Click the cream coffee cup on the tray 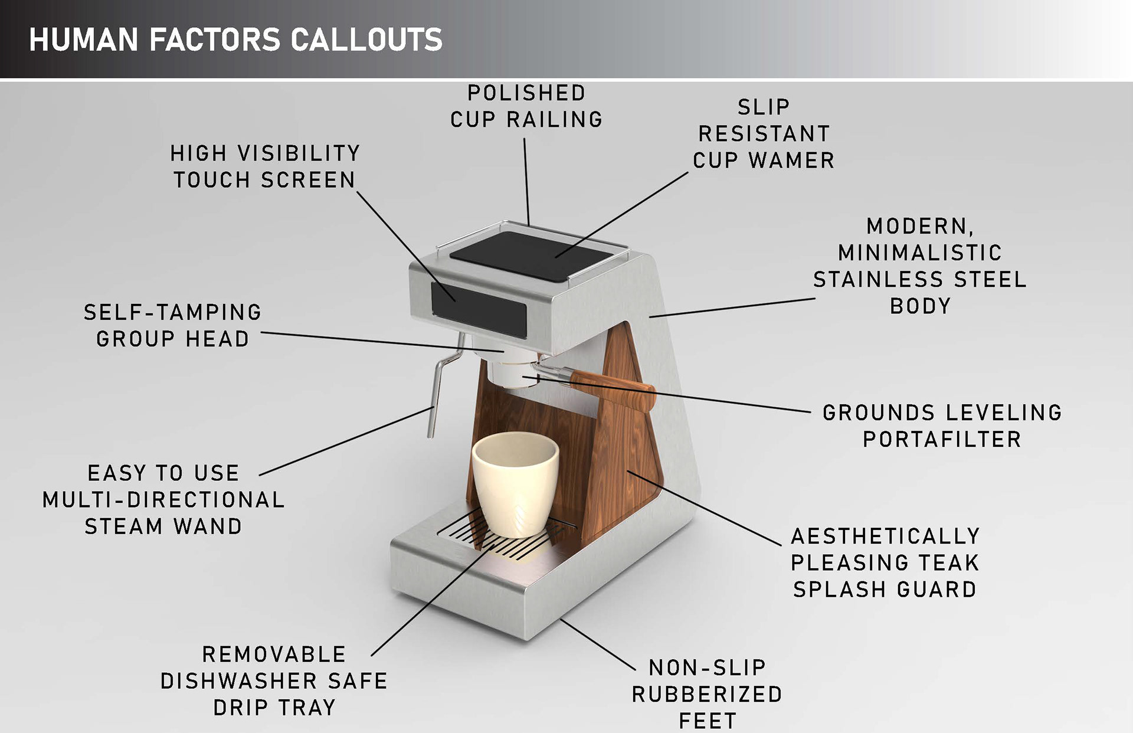(x=515, y=484)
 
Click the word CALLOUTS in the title (x=366, y=40)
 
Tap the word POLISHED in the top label (x=526, y=93)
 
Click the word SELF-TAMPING (x=172, y=312)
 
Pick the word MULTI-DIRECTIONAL (x=163, y=500)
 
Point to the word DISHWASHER (x=238, y=681)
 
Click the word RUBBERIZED (x=707, y=695)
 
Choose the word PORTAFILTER (x=942, y=439)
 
